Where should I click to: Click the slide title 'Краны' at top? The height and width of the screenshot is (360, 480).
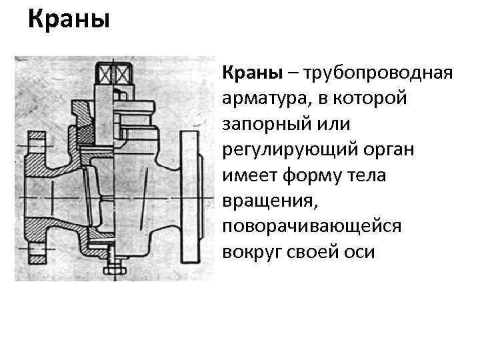click(69, 19)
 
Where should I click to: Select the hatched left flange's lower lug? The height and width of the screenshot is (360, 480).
click(37, 254)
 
